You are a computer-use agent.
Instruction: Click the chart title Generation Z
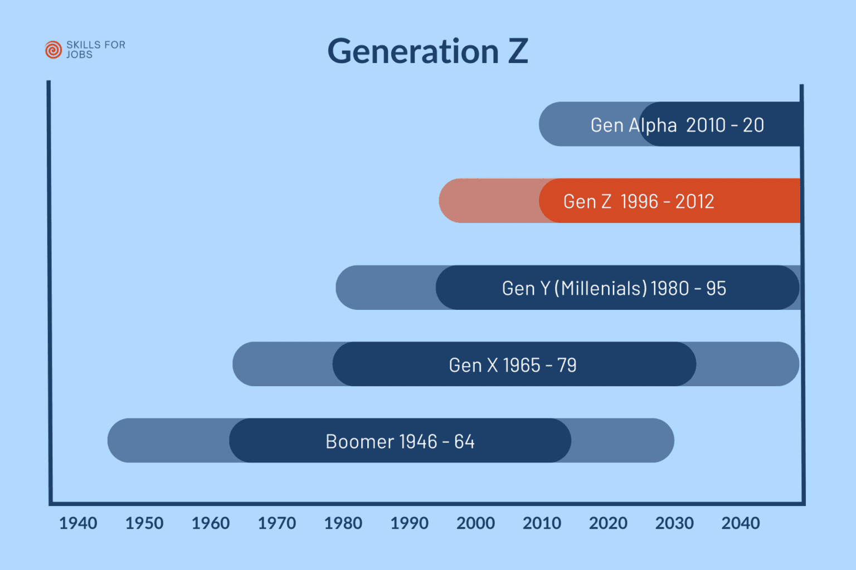click(427, 51)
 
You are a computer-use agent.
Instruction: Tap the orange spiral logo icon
click(53, 50)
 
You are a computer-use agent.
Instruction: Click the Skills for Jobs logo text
click(95, 50)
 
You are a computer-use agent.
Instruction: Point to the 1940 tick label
click(78, 523)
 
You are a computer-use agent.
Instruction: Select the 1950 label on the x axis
click(144, 523)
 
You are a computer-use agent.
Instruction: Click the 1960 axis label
click(211, 523)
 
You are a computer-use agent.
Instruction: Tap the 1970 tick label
click(277, 523)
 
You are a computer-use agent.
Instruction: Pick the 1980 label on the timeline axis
click(343, 523)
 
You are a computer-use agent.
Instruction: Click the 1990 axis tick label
click(410, 523)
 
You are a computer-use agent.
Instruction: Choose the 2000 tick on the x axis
click(476, 523)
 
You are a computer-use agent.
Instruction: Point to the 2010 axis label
click(542, 523)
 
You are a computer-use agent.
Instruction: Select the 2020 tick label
click(608, 523)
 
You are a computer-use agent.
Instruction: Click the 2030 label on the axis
click(674, 523)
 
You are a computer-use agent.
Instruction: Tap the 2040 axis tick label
click(741, 523)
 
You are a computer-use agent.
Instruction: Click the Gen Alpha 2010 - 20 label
click(677, 125)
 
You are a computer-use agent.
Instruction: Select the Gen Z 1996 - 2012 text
click(639, 201)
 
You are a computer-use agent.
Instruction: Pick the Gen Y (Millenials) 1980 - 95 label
click(614, 288)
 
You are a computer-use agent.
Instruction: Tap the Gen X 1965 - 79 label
click(513, 365)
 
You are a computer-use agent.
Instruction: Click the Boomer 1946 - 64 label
click(400, 441)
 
